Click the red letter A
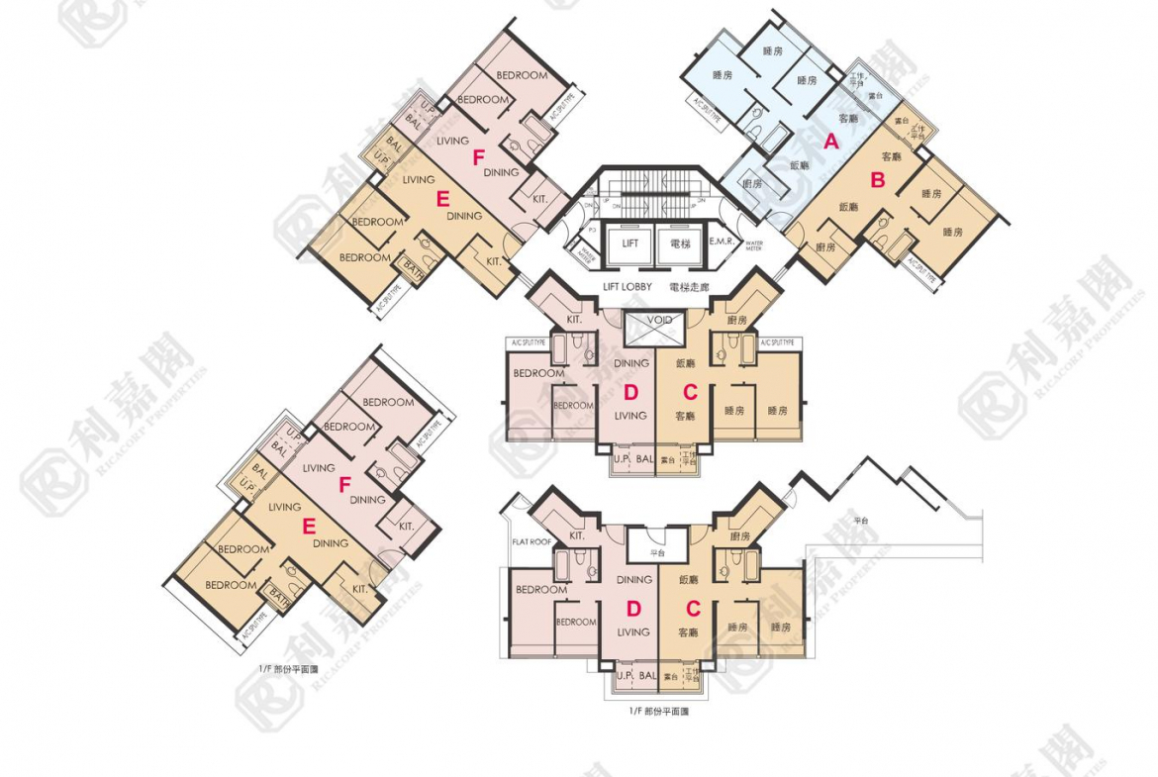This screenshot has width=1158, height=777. coord(831,142)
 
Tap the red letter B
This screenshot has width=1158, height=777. coord(877,180)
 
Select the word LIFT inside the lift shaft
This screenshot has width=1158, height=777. coord(630,243)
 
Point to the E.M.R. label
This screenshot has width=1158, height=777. coord(721,243)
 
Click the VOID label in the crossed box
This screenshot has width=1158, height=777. coord(659,321)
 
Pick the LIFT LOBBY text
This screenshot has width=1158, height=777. coord(627,287)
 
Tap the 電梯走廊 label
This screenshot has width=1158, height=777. coord(689,287)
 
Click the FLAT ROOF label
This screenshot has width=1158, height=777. coord(531,542)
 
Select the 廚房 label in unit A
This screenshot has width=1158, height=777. coord(752,184)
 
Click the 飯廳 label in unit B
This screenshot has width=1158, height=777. coord(849,207)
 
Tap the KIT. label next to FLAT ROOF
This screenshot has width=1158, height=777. coord(576,535)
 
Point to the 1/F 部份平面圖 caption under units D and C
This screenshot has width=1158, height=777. coord(658,711)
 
